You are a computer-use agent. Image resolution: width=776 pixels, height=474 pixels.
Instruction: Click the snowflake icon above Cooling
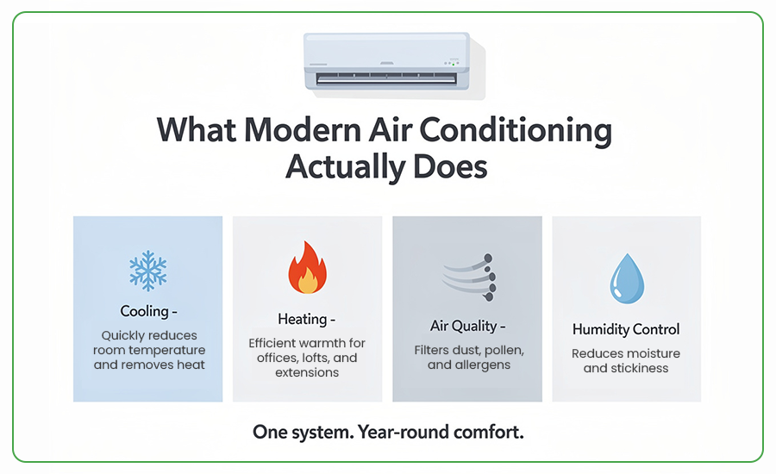tap(147, 271)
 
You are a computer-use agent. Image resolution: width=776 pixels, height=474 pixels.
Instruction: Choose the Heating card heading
tap(303, 319)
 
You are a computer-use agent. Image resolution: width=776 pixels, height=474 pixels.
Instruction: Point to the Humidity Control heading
tap(626, 329)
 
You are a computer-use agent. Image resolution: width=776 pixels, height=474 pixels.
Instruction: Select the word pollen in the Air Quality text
tap(504, 350)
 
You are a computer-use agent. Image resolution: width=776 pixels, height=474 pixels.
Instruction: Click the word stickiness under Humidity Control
tap(640, 368)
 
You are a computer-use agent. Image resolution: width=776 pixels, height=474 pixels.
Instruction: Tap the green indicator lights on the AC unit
tap(451, 63)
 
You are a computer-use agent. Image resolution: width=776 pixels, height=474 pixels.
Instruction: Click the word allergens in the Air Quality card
tap(482, 365)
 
